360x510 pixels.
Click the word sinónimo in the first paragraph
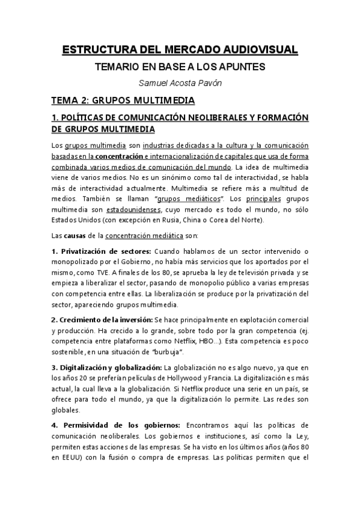coord(152,177)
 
